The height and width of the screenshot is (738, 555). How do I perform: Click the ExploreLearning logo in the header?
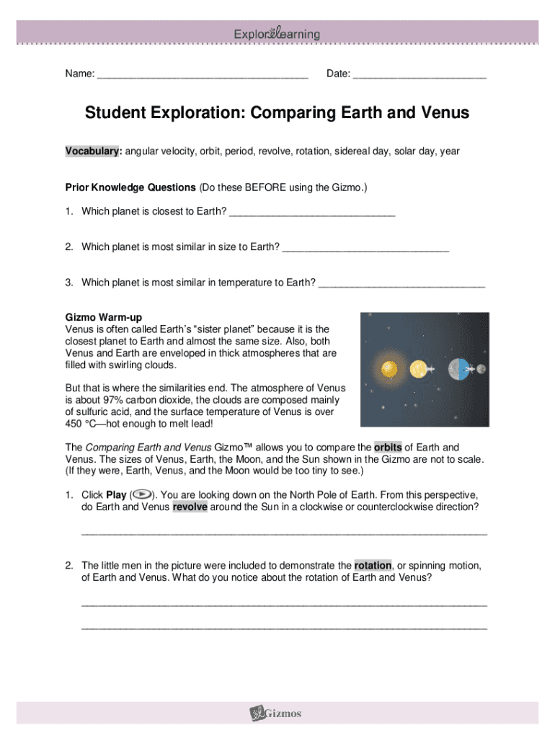pos(277,34)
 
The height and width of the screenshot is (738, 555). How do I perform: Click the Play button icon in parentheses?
pos(142,495)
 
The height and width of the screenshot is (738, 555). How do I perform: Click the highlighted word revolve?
pos(190,507)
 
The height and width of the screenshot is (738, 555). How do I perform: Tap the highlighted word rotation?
pos(373,565)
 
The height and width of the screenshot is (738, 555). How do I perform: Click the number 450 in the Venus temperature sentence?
pos(74,424)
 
